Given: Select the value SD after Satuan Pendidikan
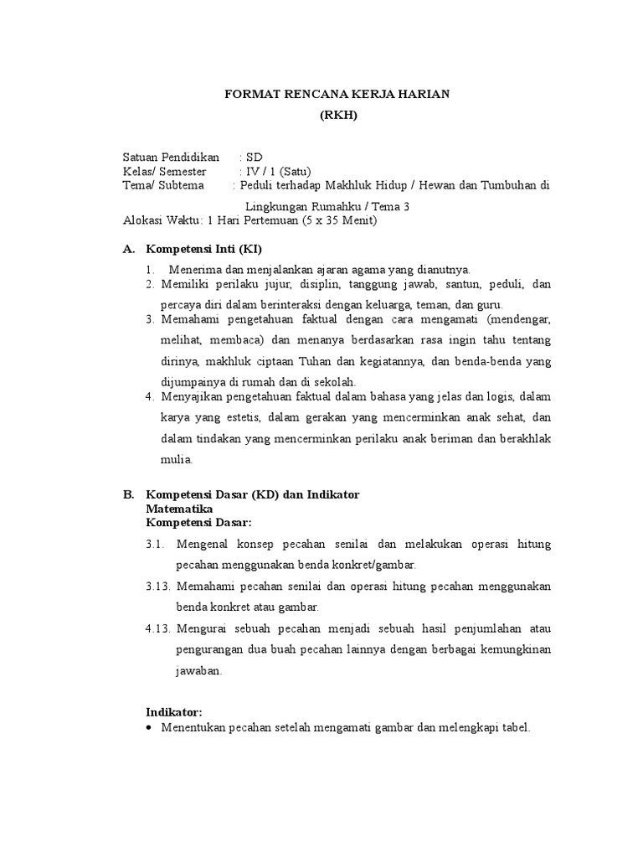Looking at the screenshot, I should pyautogui.click(x=254, y=158).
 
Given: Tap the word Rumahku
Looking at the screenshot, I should pyautogui.click(x=342, y=206).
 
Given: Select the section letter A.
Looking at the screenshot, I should pyautogui.click(x=128, y=250).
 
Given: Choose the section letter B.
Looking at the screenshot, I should pyautogui.click(x=128, y=494).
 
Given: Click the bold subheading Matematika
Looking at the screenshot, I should pyautogui.click(x=179, y=509).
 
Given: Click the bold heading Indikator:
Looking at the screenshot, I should pyautogui.click(x=174, y=711).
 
